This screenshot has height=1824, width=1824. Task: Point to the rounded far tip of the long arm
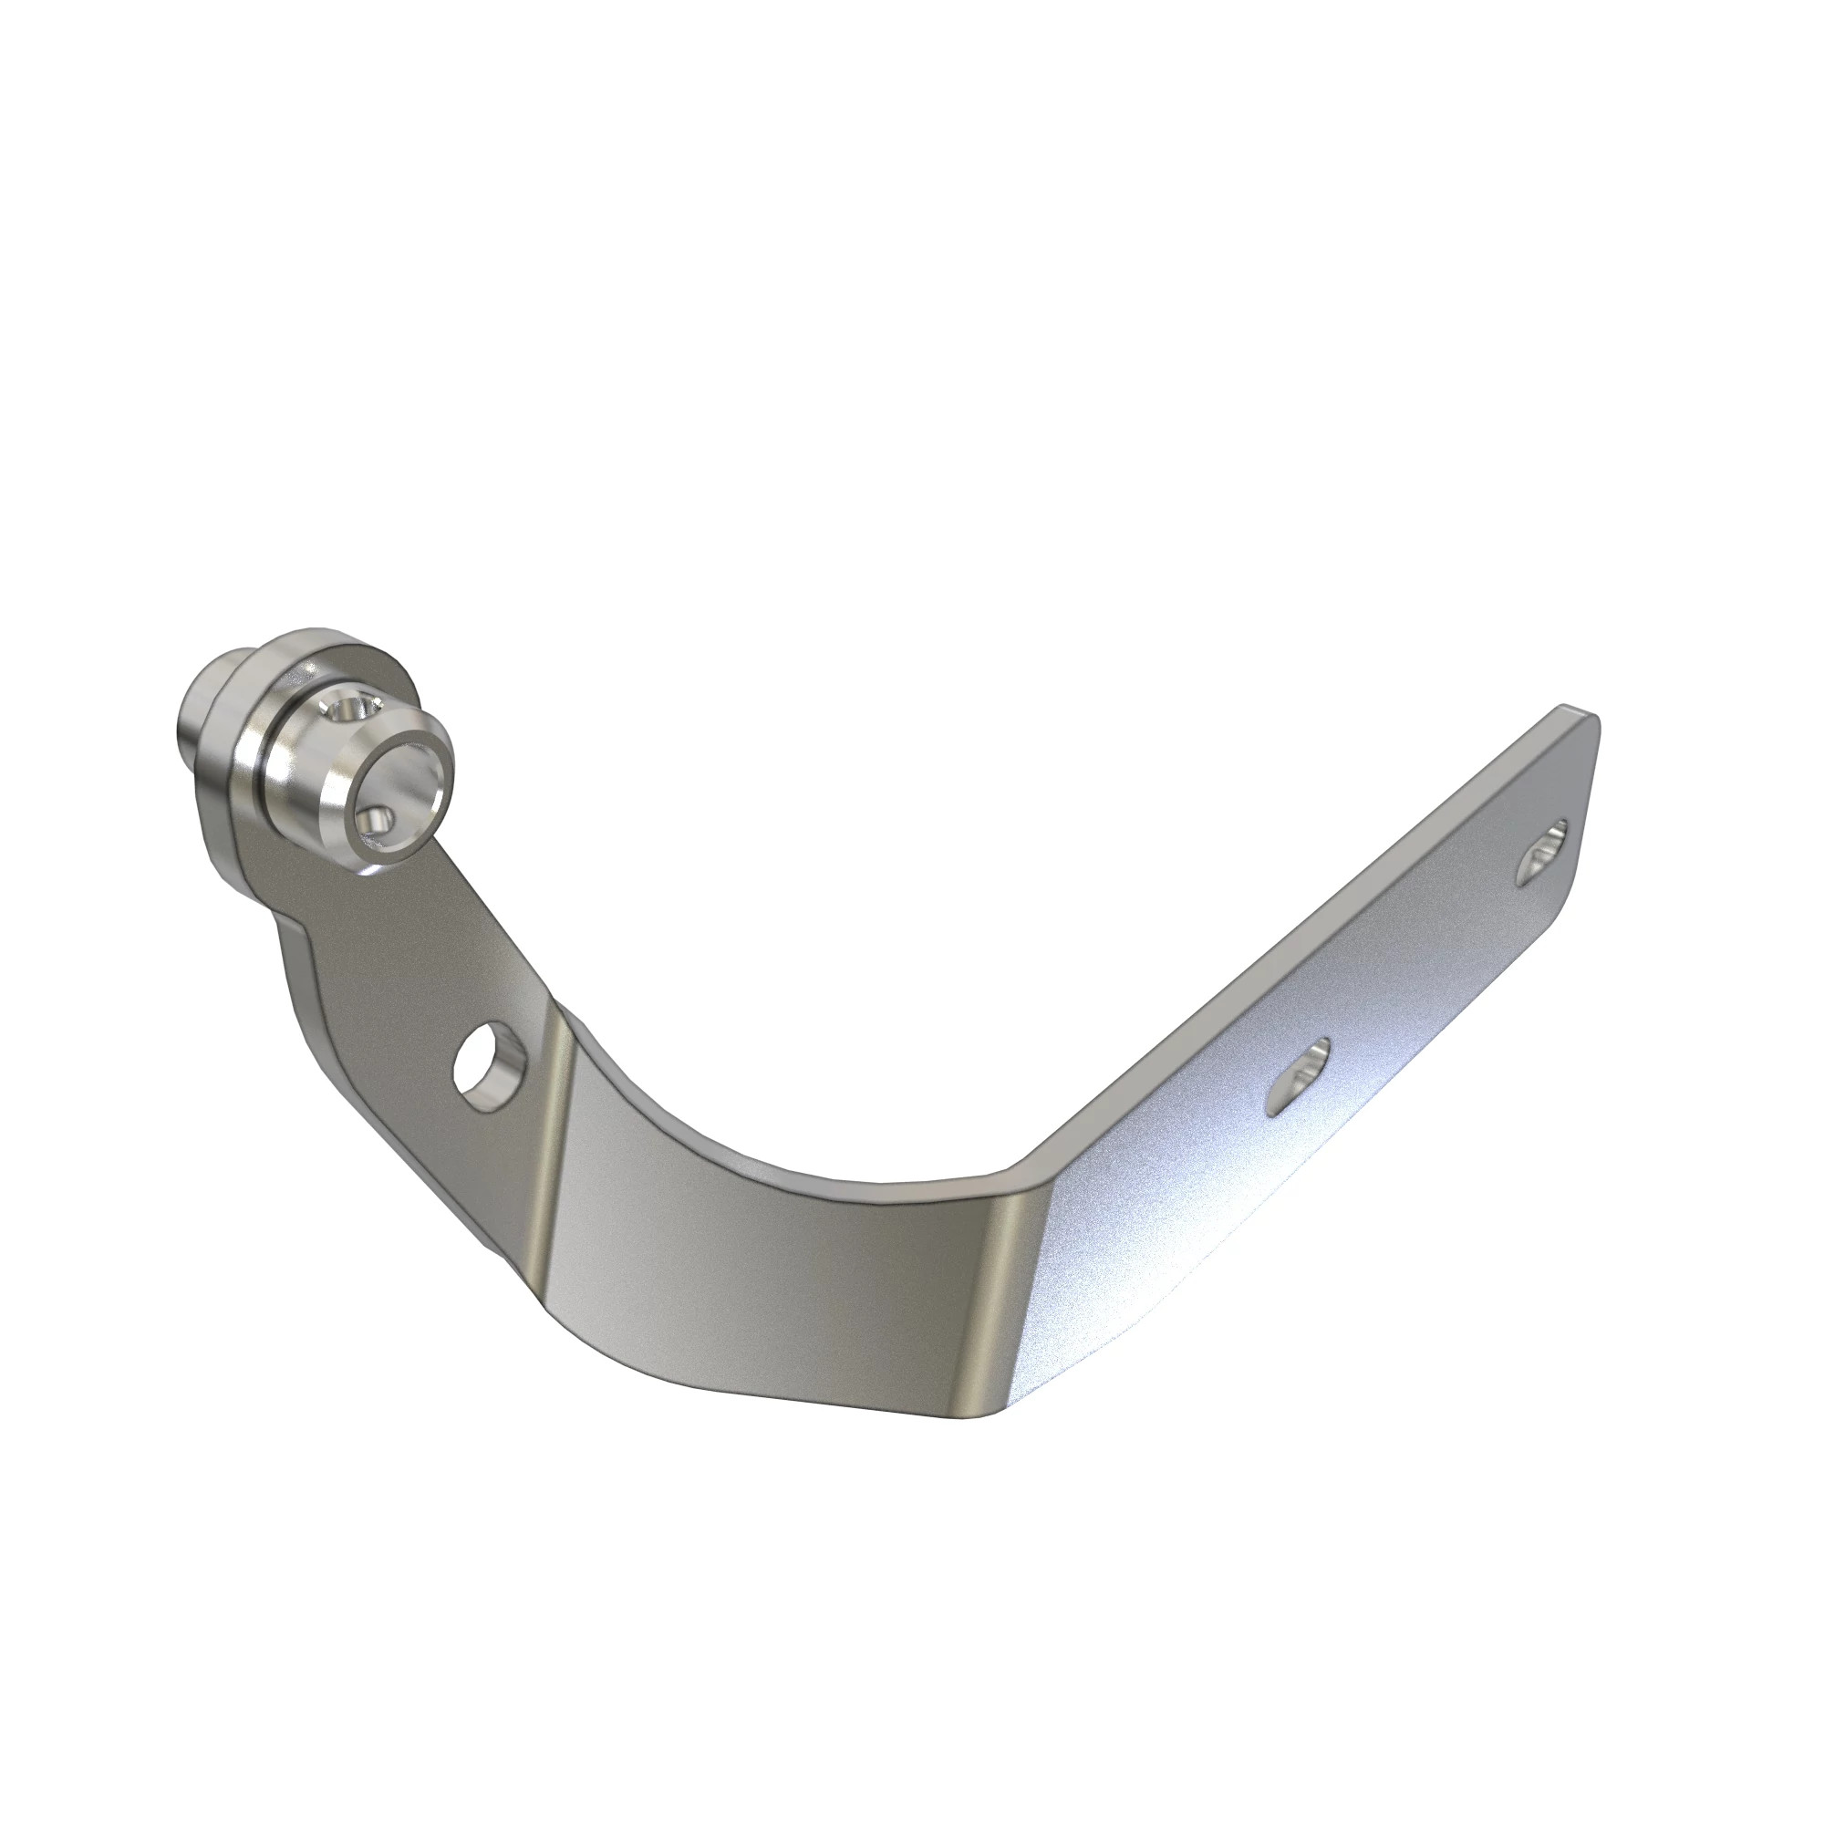pyautogui.click(x=1591, y=746)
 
